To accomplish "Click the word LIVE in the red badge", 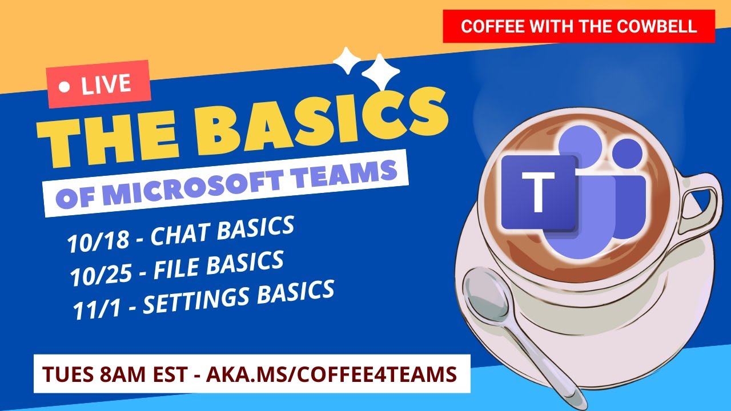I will click(106, 85).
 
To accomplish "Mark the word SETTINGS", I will click(198, 300).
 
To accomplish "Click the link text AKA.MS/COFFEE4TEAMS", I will click(331, 374).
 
